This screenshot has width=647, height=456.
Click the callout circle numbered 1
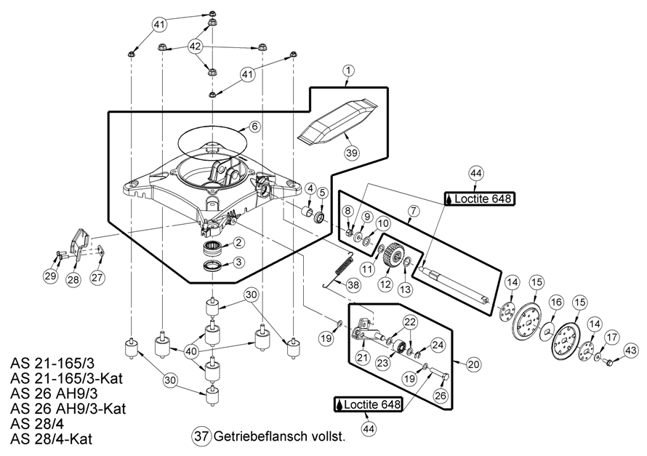point(349,71)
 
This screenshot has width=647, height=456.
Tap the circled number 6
point(254,127)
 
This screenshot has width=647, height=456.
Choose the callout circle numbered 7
point(413,211)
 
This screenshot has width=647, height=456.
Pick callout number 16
point(556,303)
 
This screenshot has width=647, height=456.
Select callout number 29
point(49,276)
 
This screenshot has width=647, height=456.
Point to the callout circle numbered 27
point(97,276)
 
